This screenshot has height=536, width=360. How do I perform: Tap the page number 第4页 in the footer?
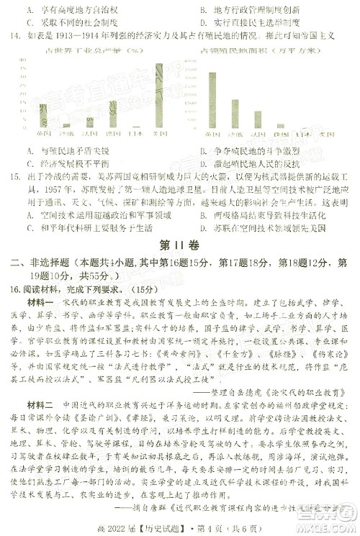point(199,528)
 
